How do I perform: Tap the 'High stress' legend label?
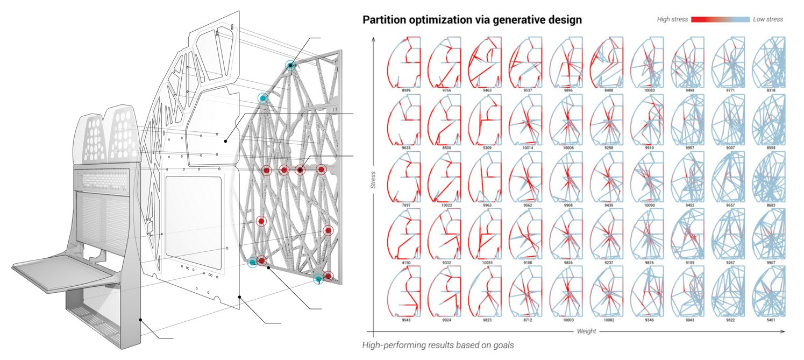(x=673, y=19)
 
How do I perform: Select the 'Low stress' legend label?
(x=768, y=19)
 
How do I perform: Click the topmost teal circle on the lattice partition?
(x=290, y=66)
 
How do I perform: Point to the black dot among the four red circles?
(x=300, y=170)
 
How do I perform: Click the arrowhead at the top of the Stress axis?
(x=374, y=39)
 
